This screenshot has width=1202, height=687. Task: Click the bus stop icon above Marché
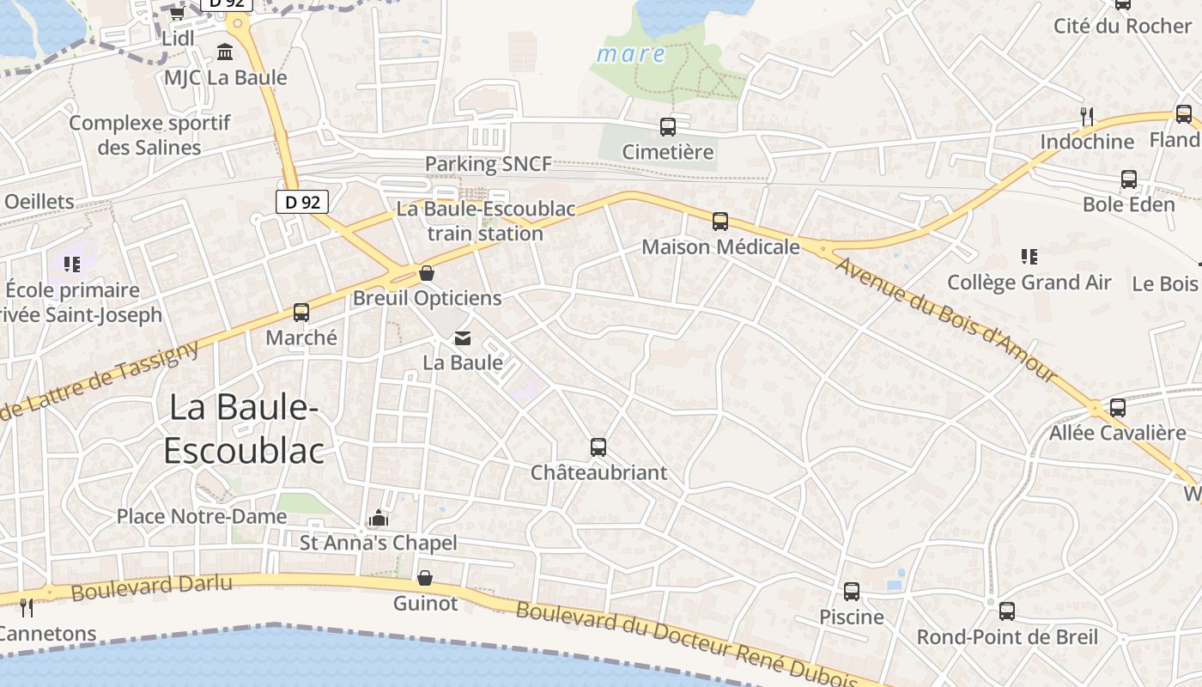(301, 313)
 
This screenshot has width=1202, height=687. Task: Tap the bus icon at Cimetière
(668, 127)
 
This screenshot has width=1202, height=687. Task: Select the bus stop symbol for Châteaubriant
(598, 447)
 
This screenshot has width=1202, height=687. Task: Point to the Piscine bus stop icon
(852, 592)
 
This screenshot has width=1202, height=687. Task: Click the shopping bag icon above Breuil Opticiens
(427, 273)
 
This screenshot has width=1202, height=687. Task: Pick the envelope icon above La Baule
(463, 337)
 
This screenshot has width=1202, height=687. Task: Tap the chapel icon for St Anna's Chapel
(378, 518)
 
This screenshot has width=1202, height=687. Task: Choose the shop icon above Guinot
(425, 578)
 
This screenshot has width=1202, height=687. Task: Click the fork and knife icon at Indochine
(1087, 116)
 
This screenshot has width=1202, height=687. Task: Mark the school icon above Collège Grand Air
(1029, 256)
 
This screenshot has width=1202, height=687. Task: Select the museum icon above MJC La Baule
(225, 52)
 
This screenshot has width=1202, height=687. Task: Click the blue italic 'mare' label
(631, 54)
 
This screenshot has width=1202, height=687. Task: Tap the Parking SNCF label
(489, 163)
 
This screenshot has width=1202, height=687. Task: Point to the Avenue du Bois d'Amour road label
(944, 318)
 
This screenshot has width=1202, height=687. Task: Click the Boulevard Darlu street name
(151, 587)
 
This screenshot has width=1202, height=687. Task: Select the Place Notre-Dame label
(202, 516)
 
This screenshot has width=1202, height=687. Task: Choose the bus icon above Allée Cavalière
(1118, 408)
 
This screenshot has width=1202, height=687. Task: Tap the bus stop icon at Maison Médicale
(720, 222)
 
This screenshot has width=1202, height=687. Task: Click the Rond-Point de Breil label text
(1007, 637)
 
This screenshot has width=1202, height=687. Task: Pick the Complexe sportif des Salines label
(149, 135)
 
